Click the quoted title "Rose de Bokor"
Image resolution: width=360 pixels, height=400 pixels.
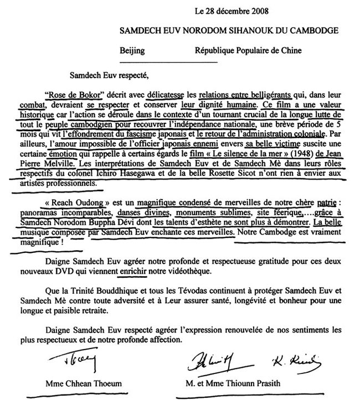point(67,93)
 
